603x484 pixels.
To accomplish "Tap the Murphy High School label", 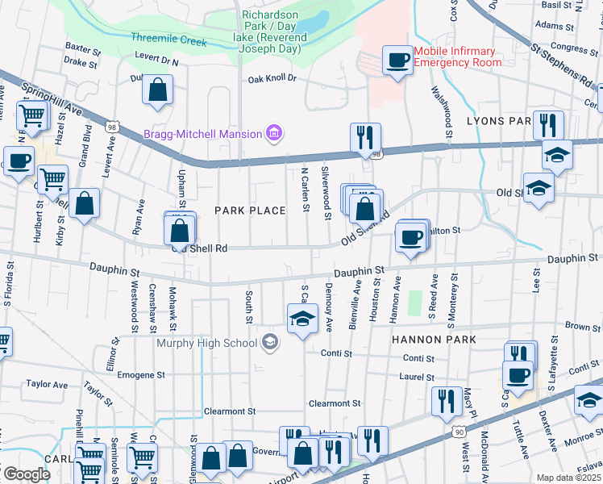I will (206, 343).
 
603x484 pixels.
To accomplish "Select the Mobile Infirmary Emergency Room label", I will (457, 56).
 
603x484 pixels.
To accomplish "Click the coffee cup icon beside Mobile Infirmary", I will (397, 60).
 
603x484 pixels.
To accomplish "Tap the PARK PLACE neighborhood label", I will (250, 211).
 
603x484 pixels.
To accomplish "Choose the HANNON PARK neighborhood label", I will (435, 340).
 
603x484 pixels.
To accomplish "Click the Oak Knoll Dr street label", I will (272, 79).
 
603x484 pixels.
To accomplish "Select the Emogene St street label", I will (141, 375).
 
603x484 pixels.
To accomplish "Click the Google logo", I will (27, 474).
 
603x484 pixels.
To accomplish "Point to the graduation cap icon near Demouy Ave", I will (302, 319).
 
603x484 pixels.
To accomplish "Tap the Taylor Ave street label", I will (44, 385).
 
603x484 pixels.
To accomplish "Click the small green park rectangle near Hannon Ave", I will (414, 303).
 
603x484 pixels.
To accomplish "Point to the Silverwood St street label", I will (326, 194).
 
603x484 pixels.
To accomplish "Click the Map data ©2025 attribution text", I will (569, 478).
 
